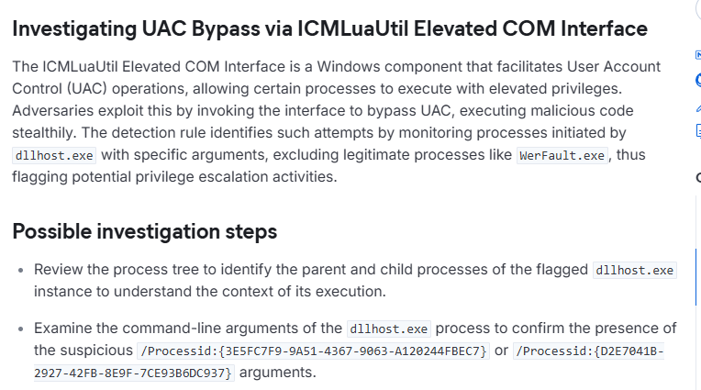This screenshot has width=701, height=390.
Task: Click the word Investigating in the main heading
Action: [74, 29]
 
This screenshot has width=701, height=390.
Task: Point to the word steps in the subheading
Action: [251, 232]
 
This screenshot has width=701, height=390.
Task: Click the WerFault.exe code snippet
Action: [562, 155]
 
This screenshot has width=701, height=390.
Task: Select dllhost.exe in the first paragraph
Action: [54, 155]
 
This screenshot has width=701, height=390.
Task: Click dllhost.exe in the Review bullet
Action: [634, 270]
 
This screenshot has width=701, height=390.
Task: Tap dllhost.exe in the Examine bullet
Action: [388, 329]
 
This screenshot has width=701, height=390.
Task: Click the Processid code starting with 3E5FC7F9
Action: [314, 351]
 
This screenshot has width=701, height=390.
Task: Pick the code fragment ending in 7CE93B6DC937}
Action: [133, 373]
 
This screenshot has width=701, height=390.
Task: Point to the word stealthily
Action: [42, 133]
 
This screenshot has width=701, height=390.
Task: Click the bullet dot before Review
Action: [20, 271]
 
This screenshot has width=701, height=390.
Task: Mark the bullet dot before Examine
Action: [20, 329]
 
